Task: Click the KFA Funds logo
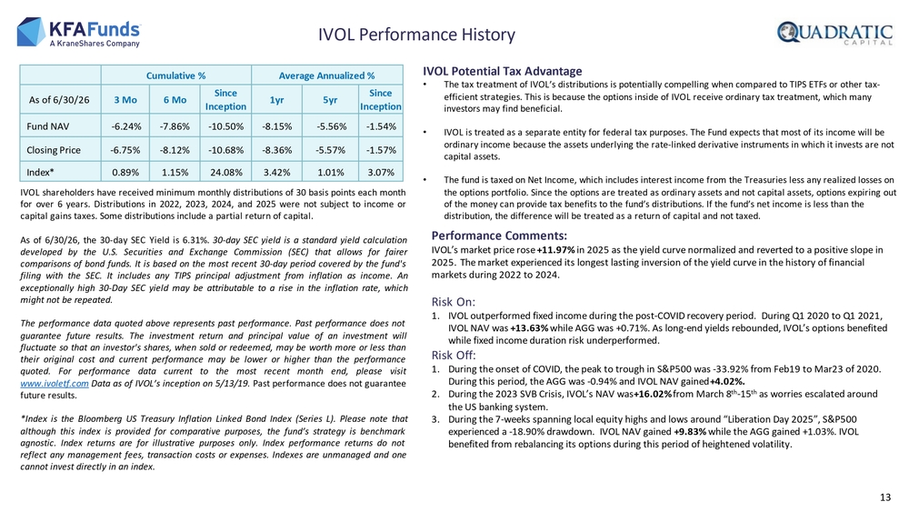click(79, 33)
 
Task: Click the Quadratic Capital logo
click(834, 33)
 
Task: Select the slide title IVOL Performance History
click(416, 35)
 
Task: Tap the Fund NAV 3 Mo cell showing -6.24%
click(125, 126)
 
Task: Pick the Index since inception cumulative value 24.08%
click(225, 172)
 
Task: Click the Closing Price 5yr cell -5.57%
click(330, 150)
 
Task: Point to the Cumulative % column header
click(175, 75)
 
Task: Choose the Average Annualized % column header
click(326, 75)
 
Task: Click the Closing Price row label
click(54, 150)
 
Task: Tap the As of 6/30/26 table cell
click(59, 100)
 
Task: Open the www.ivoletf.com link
click(55, 383)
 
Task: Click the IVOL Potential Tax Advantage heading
click(502, 71)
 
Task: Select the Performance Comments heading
click(499, 236)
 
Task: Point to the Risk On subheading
click(454, 302)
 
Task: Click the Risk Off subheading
click(454, 355)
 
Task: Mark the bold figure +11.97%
click(555, 250)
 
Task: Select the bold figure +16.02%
click(653, 395)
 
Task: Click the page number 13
click(884, 497)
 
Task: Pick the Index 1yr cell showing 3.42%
click(276, 172)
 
